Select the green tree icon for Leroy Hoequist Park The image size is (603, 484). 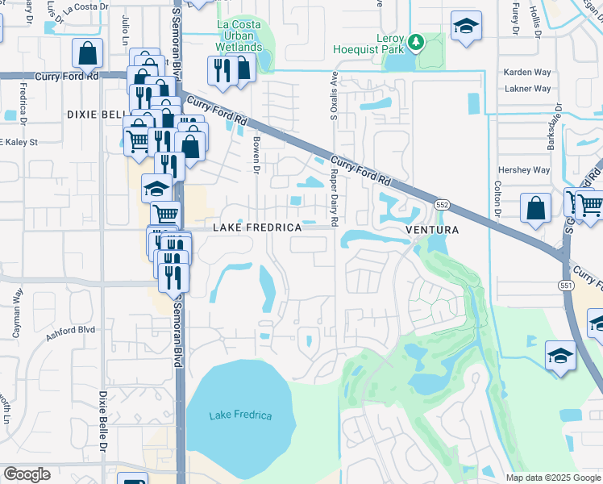[x=416, y=40]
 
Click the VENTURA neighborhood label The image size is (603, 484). [x=431, y=230]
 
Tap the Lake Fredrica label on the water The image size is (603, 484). [x=240, y=415]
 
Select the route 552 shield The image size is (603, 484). [x=443, y=205]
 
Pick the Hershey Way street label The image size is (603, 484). [x=525, y=170]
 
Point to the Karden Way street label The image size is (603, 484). [x=526, y=72]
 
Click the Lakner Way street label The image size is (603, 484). [x=526, y=89]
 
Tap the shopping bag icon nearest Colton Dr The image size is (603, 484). [x=536, y=208]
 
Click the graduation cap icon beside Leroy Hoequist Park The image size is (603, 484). [x=465, y=26]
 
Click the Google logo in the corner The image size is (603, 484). [x=27, y=474]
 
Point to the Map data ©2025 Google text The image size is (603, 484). [x=552, y=478]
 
